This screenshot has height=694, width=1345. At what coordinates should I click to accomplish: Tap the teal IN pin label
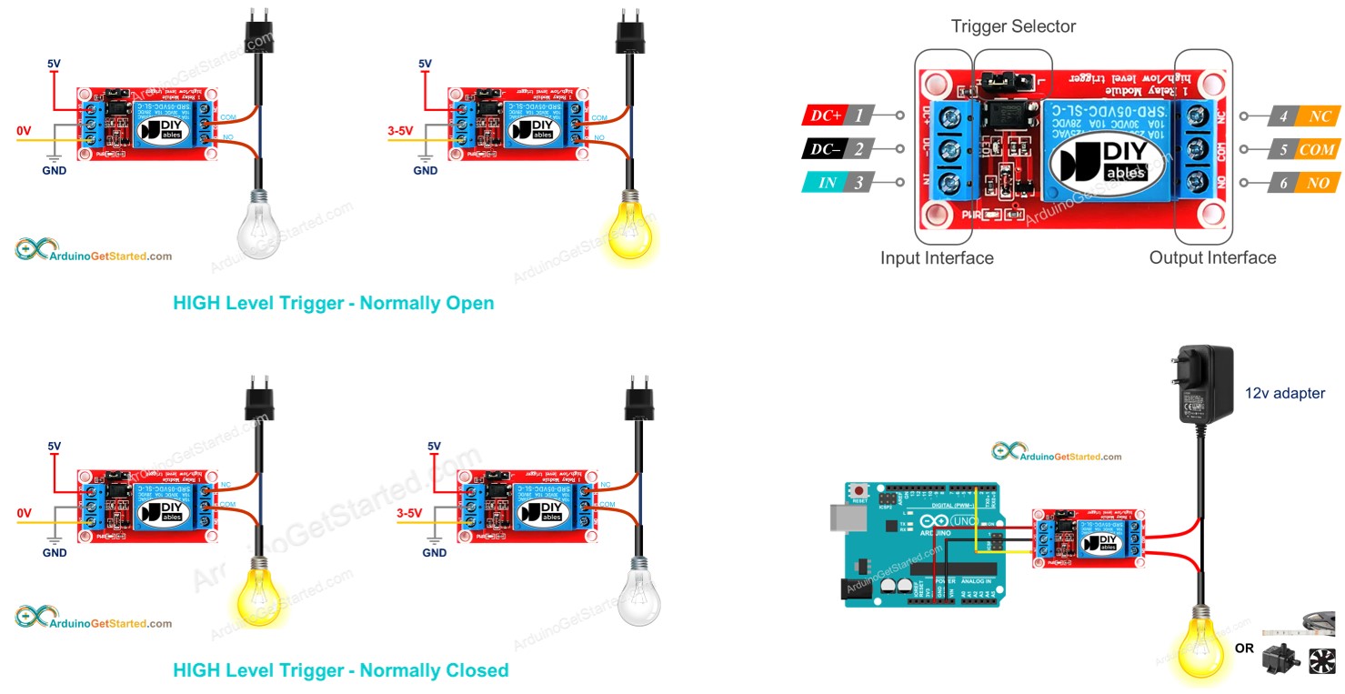click(x=827, y=183)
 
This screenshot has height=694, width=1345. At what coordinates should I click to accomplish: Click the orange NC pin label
click(x=1320, y=116)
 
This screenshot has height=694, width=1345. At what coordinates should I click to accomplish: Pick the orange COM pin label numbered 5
click(x=1316, y=149)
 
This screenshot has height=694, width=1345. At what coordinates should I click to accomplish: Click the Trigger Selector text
click(x=1013, y=26)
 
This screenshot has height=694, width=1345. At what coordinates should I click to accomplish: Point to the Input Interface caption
click(x=937, y=258)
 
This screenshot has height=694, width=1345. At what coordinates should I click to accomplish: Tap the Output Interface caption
click(x=1212, y=258)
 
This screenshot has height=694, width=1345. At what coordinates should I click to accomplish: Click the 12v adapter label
click(x=1284, y=394)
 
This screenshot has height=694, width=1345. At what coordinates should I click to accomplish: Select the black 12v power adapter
click(x=1204, y=382)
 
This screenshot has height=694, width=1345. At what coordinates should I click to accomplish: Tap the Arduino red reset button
click(x=858, y=491)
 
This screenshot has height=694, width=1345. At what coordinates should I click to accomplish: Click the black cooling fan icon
click(x=1322, y=660)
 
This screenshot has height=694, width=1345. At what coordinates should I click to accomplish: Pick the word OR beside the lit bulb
click(x=1244, y=649)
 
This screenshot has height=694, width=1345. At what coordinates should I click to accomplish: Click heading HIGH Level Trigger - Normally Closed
click(x=340, y=671)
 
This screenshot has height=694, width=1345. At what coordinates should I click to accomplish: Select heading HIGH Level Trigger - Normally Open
click(x=333, y=304)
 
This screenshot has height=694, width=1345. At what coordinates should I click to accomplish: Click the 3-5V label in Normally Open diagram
click(x=399, y=131)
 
